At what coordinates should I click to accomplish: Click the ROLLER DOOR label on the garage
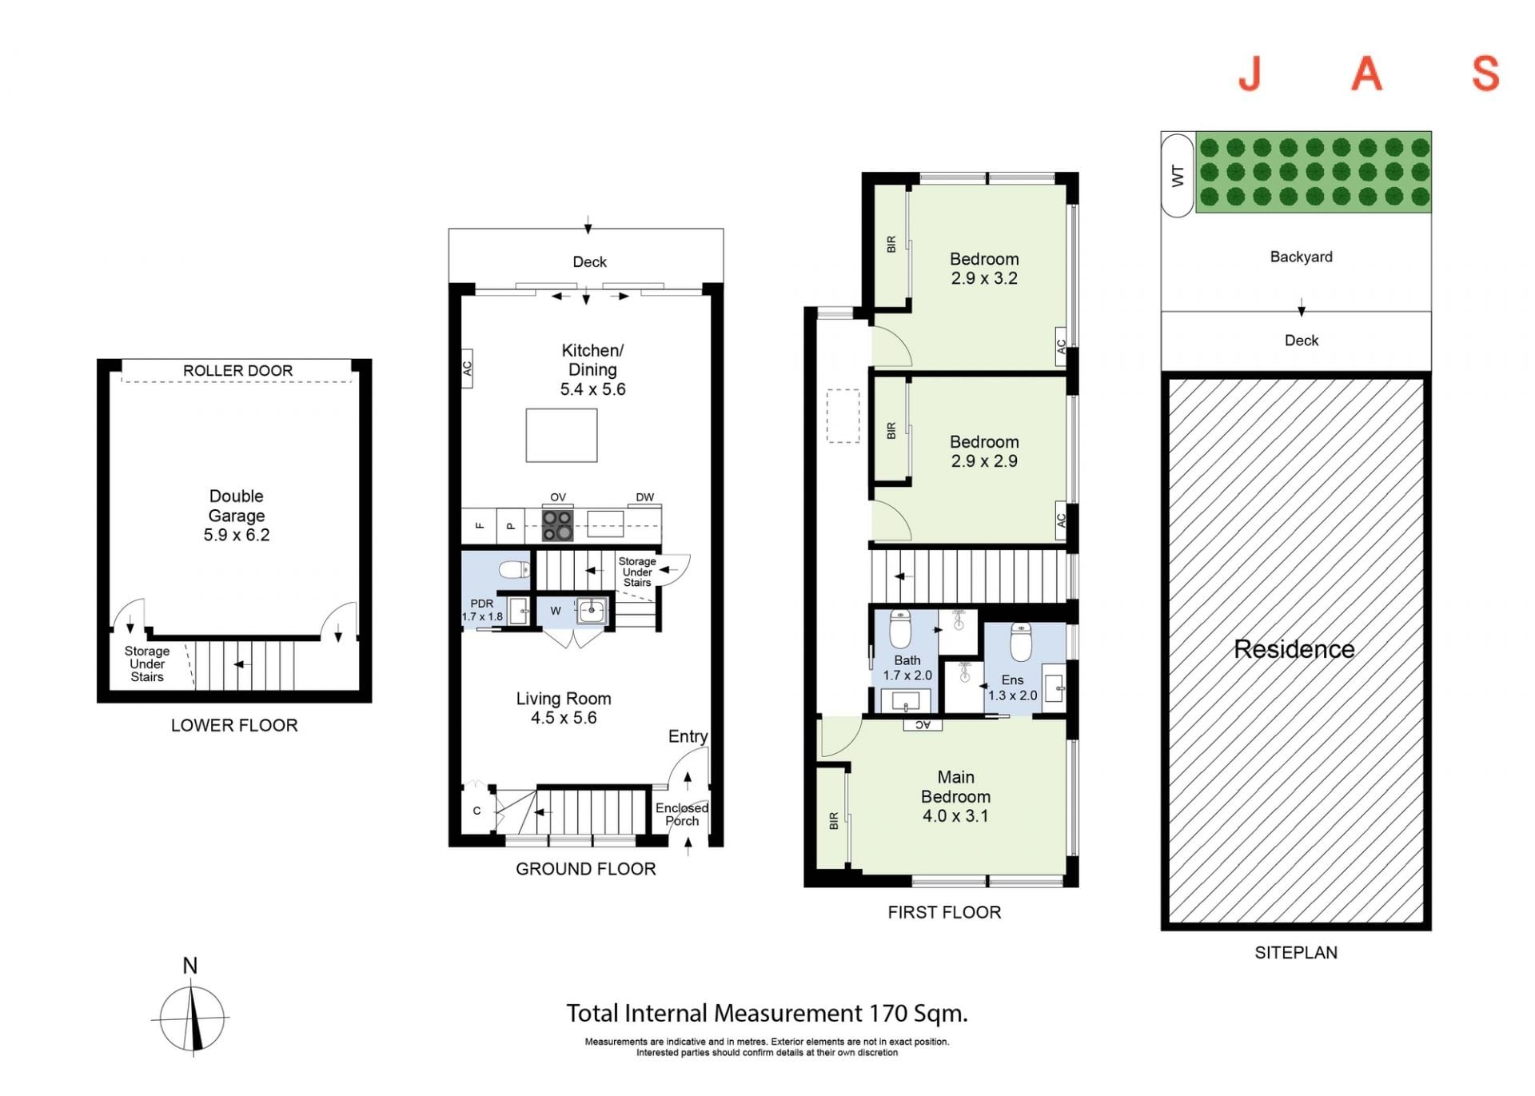coord(237,371)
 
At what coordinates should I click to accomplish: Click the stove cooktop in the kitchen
coord(557,524)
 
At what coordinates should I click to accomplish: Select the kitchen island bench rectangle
coord(561,436)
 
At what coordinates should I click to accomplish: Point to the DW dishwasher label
coord(644,497)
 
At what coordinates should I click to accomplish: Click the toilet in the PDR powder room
coord(514,569)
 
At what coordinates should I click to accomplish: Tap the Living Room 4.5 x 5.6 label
coord(564,708)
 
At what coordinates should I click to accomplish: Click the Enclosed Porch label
coord(682,815)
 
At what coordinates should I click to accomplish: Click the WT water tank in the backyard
coord(1177,175)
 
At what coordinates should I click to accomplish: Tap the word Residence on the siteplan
coord(1294,649)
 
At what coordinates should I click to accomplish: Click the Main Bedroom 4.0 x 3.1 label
coord(955,796)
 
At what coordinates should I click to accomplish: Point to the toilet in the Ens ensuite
coord(1021,641)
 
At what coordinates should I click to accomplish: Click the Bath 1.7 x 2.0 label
coord(907,668)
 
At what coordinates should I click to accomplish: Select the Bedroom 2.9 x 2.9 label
coord(984,452)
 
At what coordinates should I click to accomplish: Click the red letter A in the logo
coord(1367,74)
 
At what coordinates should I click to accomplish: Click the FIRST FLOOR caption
coord(944,912)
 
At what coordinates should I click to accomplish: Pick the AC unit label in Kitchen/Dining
coord(467,369)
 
